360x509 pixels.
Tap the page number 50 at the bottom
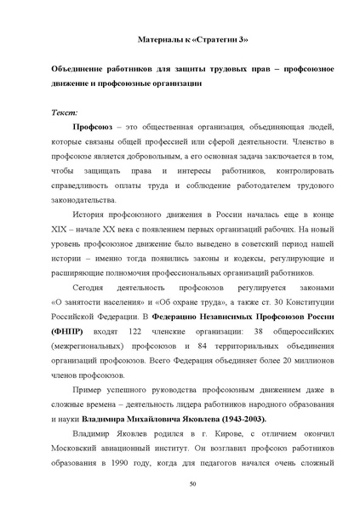(180, 483)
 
